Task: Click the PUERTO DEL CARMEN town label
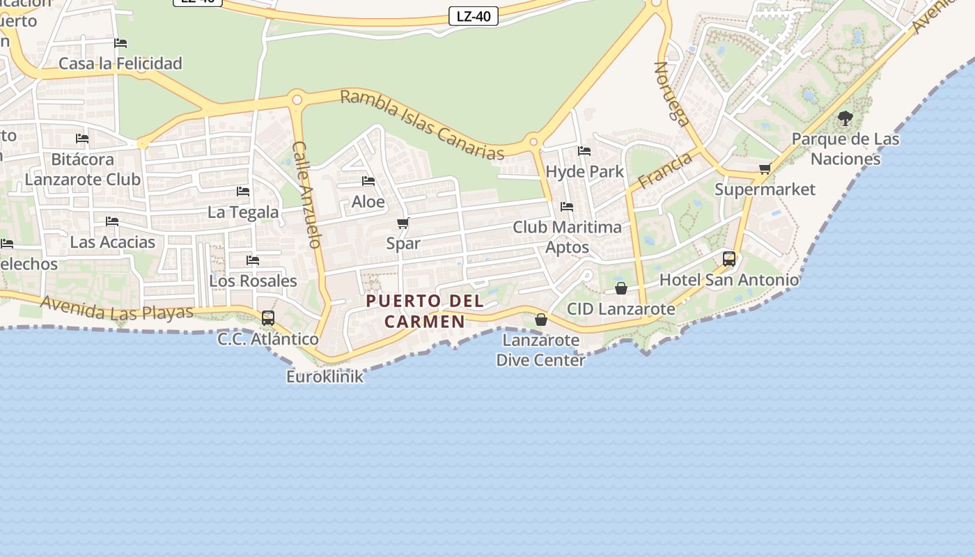coord(425,311)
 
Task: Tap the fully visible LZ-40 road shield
coord(474,16)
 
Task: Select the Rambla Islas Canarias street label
coord(422,125)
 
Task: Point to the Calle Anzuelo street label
coord(307,195)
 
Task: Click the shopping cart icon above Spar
coord(403,223)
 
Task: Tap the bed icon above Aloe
coord(368,181)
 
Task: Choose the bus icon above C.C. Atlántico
coord(268,318)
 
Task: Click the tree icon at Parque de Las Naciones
coord(845,118)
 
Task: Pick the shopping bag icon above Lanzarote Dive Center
coord(541,320)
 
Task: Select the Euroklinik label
coord(325,377)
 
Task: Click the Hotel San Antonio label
coord(729,280)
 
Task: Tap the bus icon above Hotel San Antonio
coord(729,259)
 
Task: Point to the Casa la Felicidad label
coord(120,63)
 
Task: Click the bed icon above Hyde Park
coord(584,150)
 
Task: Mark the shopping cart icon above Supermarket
coord(765,168)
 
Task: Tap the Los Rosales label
coord(253,281)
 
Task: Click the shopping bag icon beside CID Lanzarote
coord(621,288)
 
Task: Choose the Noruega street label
coord(672,93)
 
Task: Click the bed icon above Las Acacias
coord(112,221)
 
